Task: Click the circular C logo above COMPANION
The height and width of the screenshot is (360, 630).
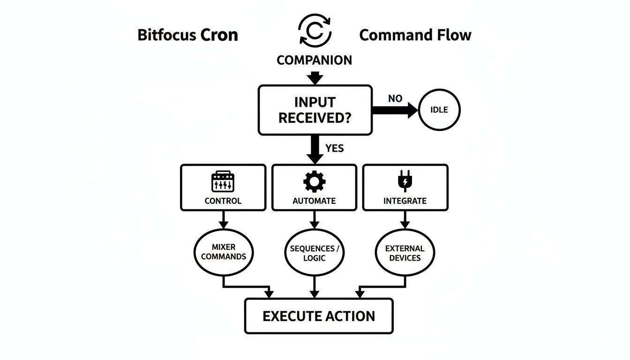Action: [x=315, y=31]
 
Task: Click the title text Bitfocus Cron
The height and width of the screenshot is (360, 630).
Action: [x=187, y=35]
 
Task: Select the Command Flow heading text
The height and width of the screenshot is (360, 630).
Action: [x=415, y=35]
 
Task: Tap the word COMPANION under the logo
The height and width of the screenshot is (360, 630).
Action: [x=315, y=60]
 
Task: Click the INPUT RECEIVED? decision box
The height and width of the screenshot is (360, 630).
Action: [x=315, y=110]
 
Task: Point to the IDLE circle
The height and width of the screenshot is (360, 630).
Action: [x=439, y=110]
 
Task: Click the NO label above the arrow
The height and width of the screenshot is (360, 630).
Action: [x=395, y=99]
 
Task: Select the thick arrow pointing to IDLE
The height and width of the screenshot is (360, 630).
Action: [x=394, y=111]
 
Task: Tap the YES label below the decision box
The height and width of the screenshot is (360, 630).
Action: [x=334, y=149]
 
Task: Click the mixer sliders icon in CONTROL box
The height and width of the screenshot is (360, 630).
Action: [x=223, y=182]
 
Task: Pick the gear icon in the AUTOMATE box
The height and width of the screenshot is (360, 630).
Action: [x=314, y=182]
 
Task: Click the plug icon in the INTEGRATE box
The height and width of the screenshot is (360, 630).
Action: [x=405, y=182]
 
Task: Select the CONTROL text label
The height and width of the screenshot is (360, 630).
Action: [x=223, y=201]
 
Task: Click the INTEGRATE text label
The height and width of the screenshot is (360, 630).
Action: [x=405, y=201]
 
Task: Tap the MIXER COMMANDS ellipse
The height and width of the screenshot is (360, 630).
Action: [x=223, y=252]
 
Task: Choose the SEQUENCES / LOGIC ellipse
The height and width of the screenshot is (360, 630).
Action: [x=315, y=253]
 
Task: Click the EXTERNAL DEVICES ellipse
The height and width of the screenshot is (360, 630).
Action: [x=405, y=253]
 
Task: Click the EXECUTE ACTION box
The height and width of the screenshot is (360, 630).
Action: [x=319, y=316]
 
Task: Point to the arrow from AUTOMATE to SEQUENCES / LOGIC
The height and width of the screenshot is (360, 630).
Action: [x=315, y=219]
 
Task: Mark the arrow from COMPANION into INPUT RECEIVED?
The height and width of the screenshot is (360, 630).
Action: [x=315, y=77]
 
